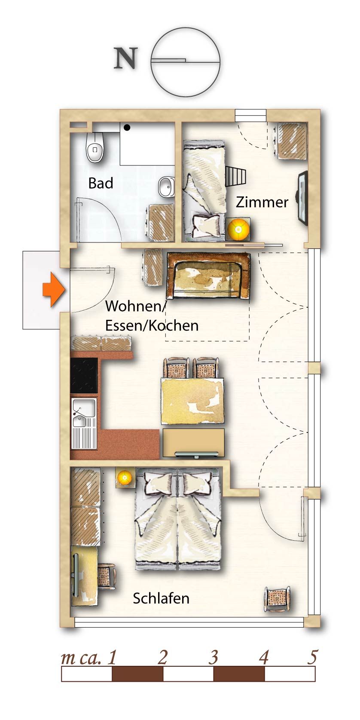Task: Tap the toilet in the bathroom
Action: click(95, 147)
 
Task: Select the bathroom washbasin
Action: click(166, 187)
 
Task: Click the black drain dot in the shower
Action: click(127, 128)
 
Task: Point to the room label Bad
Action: click(101, 183)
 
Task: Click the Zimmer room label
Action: click(262, 202)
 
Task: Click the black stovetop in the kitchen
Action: click(84, 375)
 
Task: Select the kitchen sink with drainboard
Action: click(84, 423)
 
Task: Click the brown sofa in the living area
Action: click(208, 276)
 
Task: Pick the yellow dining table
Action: click(192, 401)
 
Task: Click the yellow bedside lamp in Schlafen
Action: click(124, 478)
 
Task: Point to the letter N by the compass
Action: click(126, 58)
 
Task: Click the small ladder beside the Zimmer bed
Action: click(235, 176)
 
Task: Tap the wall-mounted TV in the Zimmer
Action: click(303, 198)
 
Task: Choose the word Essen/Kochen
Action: click(152, 326)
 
